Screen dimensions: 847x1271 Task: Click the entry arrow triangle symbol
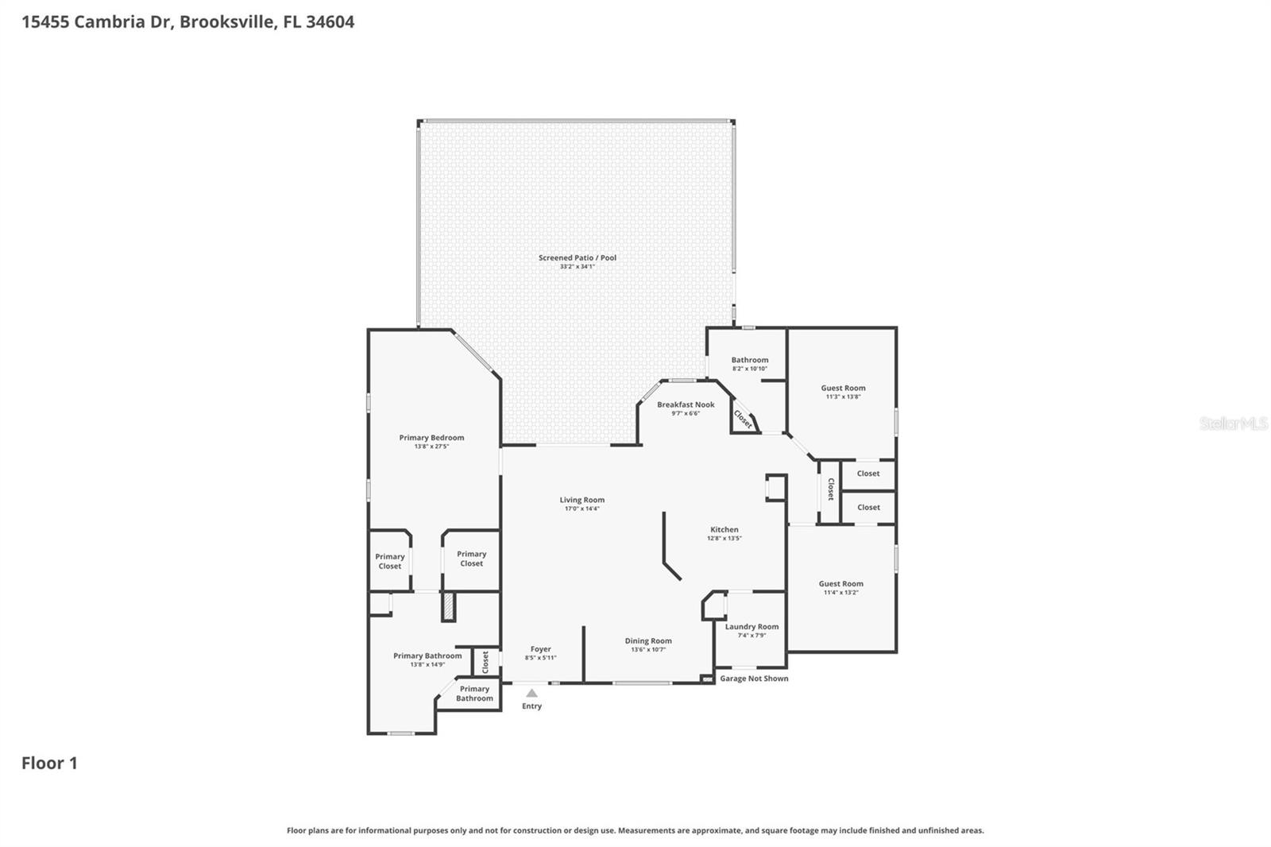coord(531,693)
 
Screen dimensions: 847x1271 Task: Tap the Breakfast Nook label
coord(686,404)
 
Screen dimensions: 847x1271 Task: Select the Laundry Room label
coord(751,626)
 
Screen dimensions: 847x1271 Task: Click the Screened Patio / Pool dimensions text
coord(577,267)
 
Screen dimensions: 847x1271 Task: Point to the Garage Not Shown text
coord(754,679)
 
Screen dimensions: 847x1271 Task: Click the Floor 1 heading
coord(49,763)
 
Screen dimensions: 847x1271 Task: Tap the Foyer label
coord(540,648)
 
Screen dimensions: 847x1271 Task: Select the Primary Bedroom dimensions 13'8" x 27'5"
coord(431,447)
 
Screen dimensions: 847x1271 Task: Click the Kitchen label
coord(724,529)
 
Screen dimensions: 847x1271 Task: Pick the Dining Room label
coord(648,640)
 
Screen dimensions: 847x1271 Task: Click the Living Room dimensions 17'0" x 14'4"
coord(581,509)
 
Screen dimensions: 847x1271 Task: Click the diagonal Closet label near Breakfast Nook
coord(744,419)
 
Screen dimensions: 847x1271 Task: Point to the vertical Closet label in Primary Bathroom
coord(485,661)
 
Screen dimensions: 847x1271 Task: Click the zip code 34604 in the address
coord(330,21)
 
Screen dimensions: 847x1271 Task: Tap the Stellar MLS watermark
coord(1233,423)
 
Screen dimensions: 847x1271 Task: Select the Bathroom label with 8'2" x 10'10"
coord(749,360)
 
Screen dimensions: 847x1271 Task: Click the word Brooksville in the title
coord(227,21)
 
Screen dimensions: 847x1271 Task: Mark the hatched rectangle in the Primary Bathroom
coord(449,607)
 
